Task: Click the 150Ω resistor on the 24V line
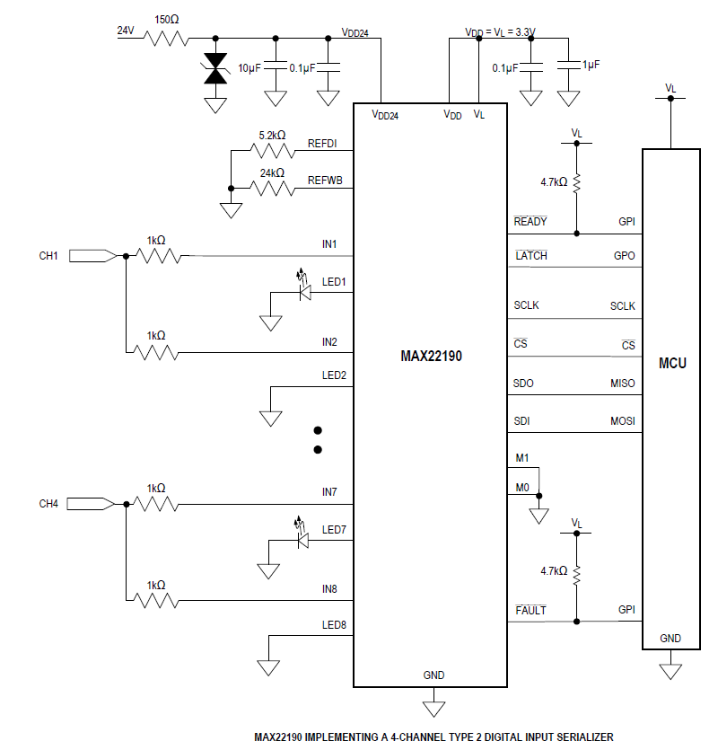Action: [167, 39]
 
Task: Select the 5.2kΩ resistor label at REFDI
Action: [272, 136]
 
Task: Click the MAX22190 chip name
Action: [431, 356]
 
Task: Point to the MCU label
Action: [671, 364]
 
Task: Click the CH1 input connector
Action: [92, 256]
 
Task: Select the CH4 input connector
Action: [92, 504]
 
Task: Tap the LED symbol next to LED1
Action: [302, 289]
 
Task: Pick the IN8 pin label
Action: [329, 589]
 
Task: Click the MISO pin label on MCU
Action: [623, 384]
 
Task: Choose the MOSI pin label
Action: [623, 421]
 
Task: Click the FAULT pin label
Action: [530, 611]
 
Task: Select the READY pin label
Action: [530, 222]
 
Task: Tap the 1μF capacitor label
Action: [591, 66]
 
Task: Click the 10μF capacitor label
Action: [250, 69]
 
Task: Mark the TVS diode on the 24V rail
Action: [215, 70]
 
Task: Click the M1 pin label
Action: [522, 459]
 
